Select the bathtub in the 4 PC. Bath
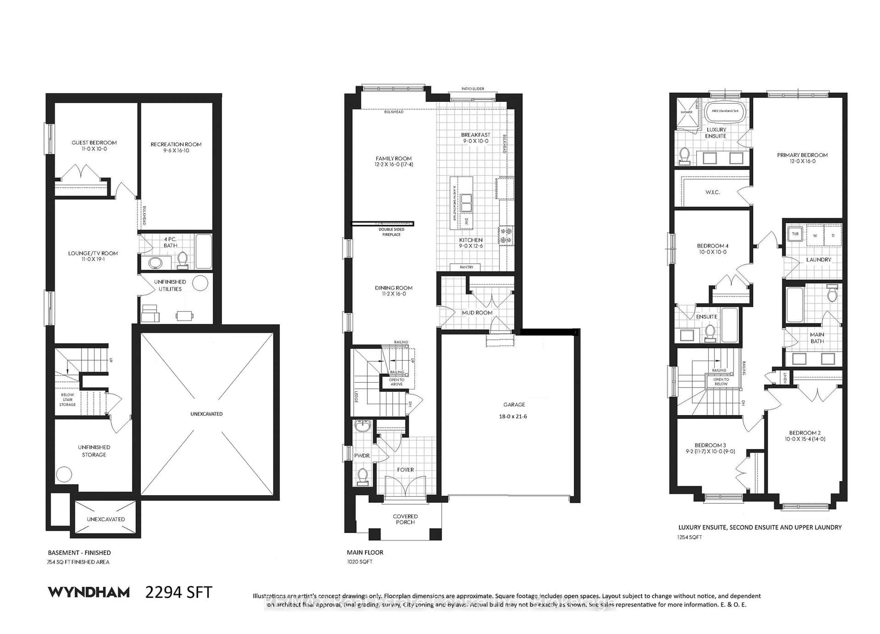tap(203, 251)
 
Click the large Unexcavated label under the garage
tap(206, 414)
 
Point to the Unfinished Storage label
tap(94, 451)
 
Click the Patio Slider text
tap(473, 89)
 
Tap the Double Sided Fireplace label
tap(391, 232)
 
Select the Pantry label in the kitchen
tap(466, 267)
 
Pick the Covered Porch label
tap(405, 519)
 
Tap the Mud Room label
tap(477, 313)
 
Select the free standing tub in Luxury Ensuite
tap(725, 111)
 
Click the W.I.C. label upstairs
tap(712, 192)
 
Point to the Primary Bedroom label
tap(802, 155)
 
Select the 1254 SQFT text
tap(690, 537)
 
